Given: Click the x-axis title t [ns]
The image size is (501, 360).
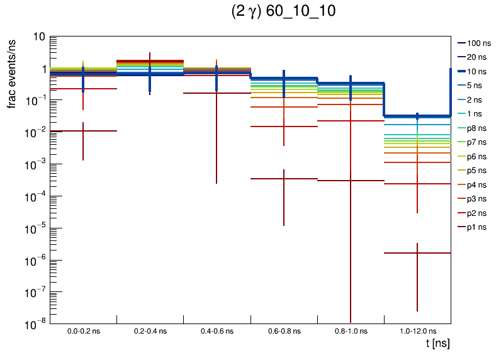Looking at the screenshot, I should (x=437, y=343).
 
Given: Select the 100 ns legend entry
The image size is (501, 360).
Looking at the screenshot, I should (x=478, y=43).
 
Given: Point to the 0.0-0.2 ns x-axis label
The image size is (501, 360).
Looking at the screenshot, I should (x=83, y=330).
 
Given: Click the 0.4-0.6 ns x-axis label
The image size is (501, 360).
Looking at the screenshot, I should (x=217, y=330).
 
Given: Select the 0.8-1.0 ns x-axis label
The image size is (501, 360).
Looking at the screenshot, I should (x=350, y=330).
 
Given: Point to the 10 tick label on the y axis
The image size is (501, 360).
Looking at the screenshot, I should (x=39, y=37).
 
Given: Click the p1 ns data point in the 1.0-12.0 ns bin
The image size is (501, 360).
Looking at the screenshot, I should (x=417, y=253).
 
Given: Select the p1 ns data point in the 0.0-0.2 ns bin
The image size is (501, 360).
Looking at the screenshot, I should (x=83, y=131).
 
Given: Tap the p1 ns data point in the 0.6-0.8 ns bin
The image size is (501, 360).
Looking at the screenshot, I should (x=283, y=179).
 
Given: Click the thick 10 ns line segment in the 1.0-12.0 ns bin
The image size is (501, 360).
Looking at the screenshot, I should (x=417, y=116).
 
